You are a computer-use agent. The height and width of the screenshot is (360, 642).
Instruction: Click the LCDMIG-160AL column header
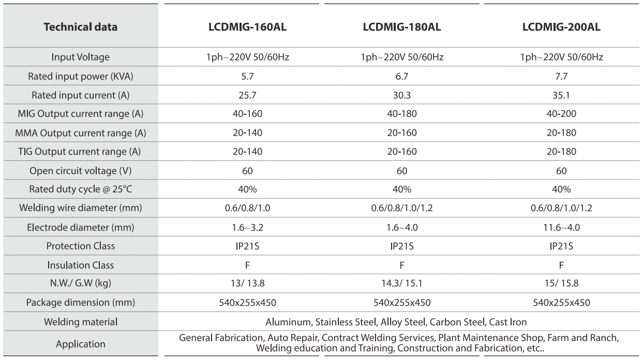[247, 27]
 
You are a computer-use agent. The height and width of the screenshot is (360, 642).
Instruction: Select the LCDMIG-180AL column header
[402, 27]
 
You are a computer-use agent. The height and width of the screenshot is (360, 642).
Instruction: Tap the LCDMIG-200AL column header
[561, 27]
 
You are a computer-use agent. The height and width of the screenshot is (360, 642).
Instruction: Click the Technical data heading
[81, 27]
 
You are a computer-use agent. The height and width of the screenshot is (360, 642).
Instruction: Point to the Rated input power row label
[81, 76]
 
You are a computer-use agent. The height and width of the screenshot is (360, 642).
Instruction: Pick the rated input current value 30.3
[402, 95]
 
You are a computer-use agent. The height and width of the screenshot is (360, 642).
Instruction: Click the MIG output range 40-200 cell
[561, 114]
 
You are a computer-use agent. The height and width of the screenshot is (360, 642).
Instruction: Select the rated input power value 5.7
[247, 76]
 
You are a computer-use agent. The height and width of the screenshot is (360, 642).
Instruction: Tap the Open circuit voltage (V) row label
[81, 171]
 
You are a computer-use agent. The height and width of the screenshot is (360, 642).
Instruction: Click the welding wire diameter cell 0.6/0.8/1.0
[247, 208]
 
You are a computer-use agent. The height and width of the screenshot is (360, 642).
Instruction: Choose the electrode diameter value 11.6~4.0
[561, 228]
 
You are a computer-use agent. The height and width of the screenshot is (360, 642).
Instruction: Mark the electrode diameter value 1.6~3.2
[247, 228]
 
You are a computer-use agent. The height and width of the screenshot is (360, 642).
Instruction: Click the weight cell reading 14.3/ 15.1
[402, 283]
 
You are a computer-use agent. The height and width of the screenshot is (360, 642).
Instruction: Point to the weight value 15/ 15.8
[561, 283]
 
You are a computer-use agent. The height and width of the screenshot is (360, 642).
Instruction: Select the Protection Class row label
[81, 246]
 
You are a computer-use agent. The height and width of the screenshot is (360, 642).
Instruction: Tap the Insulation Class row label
[81, 265]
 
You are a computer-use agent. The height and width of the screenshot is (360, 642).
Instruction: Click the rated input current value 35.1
[561, 95]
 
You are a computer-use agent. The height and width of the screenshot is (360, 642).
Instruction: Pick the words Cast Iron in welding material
[507, 322]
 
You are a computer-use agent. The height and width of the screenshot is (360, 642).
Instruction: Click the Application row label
[81, 344]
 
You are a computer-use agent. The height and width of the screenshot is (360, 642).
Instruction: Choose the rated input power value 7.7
[561, 76]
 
